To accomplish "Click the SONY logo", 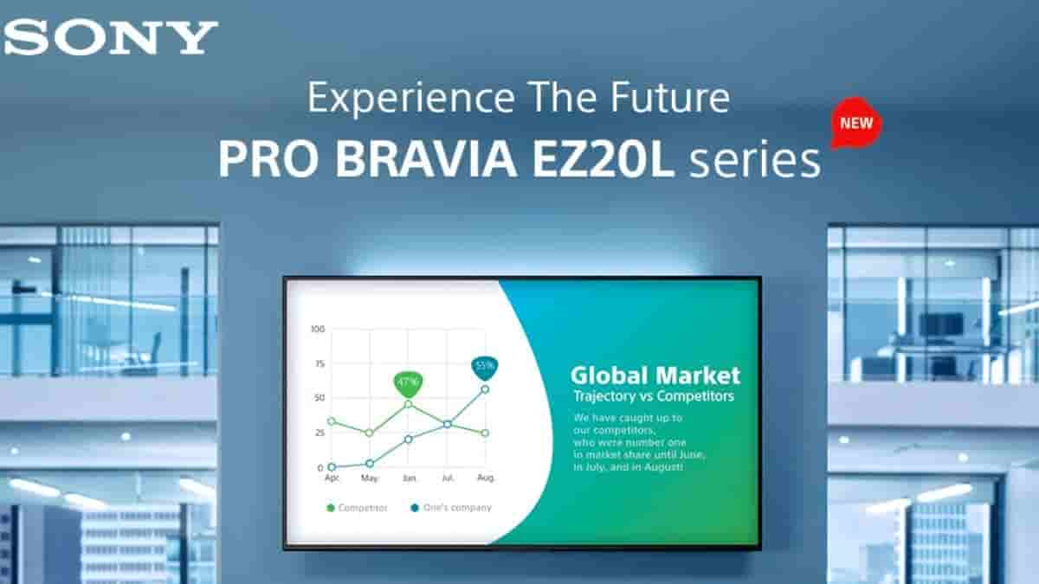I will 111,37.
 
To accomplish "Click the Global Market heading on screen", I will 655,375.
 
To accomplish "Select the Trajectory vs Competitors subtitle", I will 653,396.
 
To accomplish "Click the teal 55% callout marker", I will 484,366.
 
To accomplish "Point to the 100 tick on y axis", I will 316,330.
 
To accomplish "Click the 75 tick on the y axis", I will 318,364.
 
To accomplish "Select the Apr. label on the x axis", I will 332,478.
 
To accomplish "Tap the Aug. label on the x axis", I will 485,478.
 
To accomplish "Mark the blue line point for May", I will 370,464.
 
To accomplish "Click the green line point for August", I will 485,433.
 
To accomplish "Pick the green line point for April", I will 332,421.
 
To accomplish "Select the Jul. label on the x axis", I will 447,478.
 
